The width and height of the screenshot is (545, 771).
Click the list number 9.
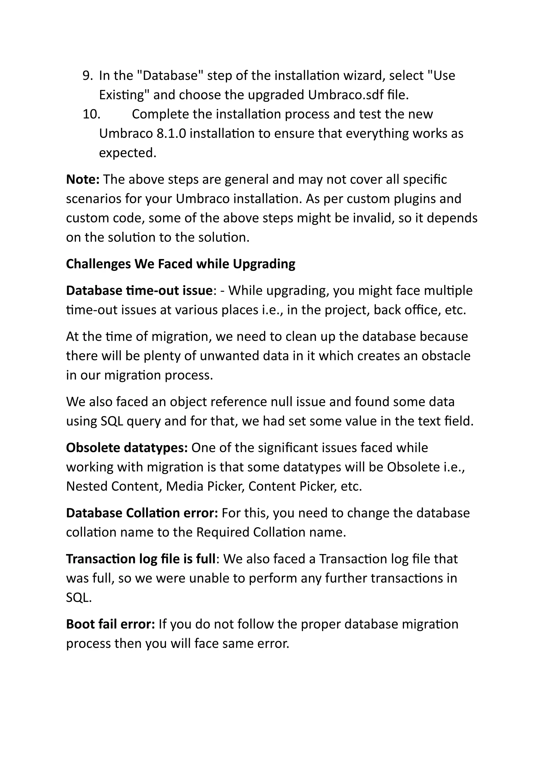tap(87, 76)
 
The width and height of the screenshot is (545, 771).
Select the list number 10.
tap(91, 114)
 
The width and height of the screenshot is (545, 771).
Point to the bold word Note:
tap(82, 180)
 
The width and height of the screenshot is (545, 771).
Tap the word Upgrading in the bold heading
tap(264, 264)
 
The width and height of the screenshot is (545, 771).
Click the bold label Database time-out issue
tap(139, 290)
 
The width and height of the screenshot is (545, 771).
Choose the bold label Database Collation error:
tap(142, 513)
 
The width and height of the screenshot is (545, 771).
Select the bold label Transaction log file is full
tap(141, 559)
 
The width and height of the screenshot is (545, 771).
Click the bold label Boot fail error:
tap(110, 624)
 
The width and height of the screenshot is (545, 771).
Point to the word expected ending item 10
tap(127, 153)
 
